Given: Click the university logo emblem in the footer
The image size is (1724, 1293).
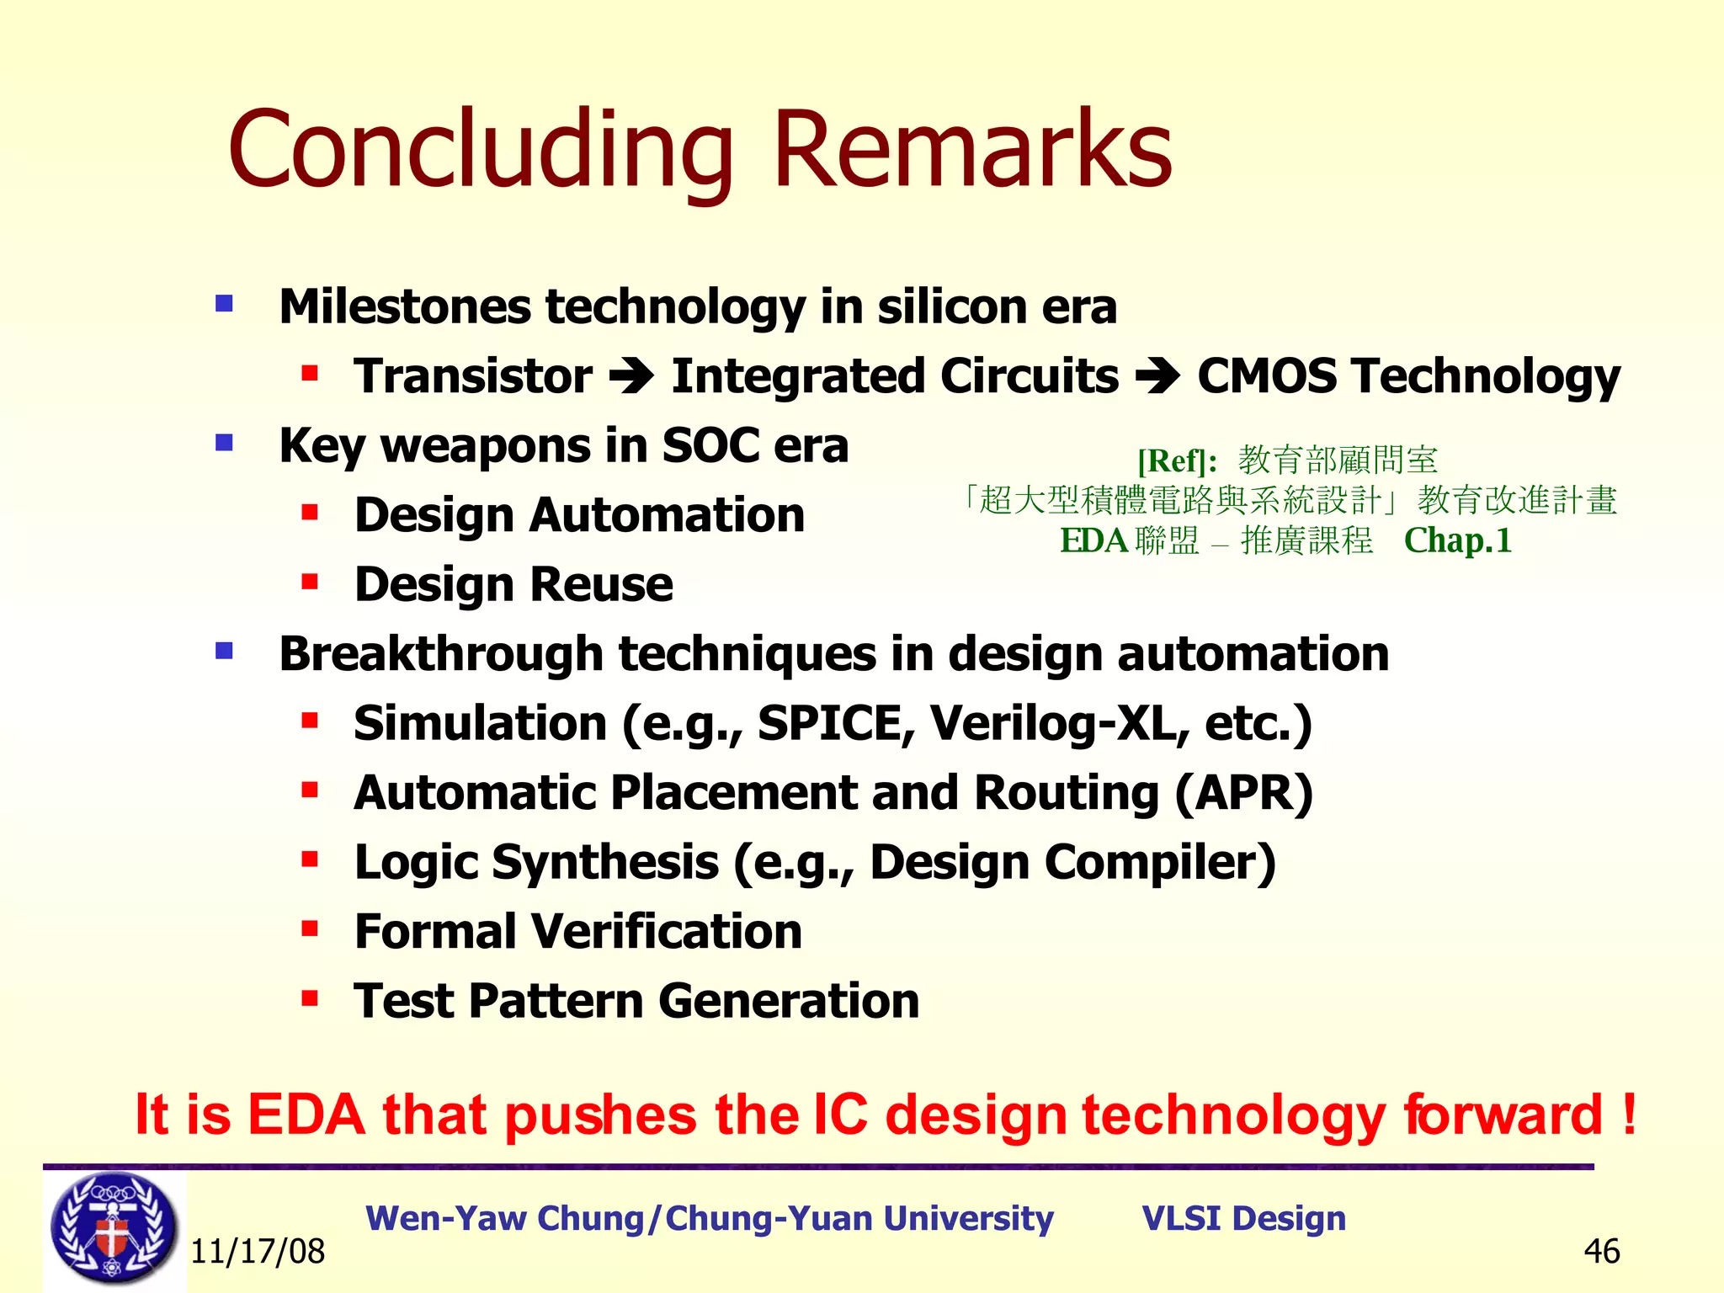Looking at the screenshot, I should coord(114,1228).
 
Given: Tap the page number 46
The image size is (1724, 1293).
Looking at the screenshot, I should coord(1601,1252).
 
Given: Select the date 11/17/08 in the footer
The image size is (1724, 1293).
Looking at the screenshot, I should coord(258,1252).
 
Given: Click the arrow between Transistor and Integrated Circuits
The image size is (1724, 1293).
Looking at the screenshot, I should coord(631,376).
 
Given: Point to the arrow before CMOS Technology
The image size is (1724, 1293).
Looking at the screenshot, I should coord(1157,376).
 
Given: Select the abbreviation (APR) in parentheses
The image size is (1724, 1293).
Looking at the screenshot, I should coord(1243,793).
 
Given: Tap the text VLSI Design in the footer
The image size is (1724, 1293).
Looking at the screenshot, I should coord(1243,1218).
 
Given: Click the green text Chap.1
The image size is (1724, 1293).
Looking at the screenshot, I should coord(1457,540).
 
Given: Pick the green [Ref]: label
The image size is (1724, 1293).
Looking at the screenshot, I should coord(1177,461).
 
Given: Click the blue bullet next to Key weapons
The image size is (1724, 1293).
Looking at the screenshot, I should coord(224,443).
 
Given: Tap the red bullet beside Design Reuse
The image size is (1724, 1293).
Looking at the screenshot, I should coord(310,582).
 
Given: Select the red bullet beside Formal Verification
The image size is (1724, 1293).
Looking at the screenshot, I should coord(310,929).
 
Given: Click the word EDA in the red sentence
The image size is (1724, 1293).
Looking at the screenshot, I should coord(306,1115).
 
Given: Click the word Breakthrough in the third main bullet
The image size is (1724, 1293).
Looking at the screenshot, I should coord(441,654).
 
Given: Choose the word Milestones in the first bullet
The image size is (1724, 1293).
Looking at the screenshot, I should coord(404,306).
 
